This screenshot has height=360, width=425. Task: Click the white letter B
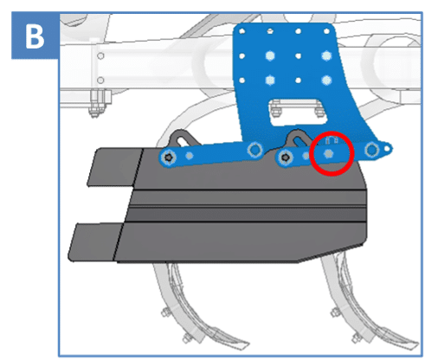(35, 35)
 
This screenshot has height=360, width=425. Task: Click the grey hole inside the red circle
(328, 154)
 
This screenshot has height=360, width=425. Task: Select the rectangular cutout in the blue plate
(296, 112)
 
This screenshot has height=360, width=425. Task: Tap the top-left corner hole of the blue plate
(242, 31)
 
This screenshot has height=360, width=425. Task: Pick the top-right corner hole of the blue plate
(326, 31)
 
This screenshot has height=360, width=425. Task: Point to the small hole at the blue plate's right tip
(387, 149)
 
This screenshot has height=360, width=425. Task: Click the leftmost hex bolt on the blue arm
(169, 157)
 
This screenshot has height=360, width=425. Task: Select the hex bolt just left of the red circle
(286, 157)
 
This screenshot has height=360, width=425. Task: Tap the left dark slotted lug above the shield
(183, 138)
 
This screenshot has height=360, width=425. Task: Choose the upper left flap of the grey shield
(115, 167)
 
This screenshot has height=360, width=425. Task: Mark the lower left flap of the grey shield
(95, 241)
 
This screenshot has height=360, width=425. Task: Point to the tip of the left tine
(248, 344)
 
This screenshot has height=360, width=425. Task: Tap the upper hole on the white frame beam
(100, 56)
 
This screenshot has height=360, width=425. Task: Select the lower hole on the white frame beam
(100, 80)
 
